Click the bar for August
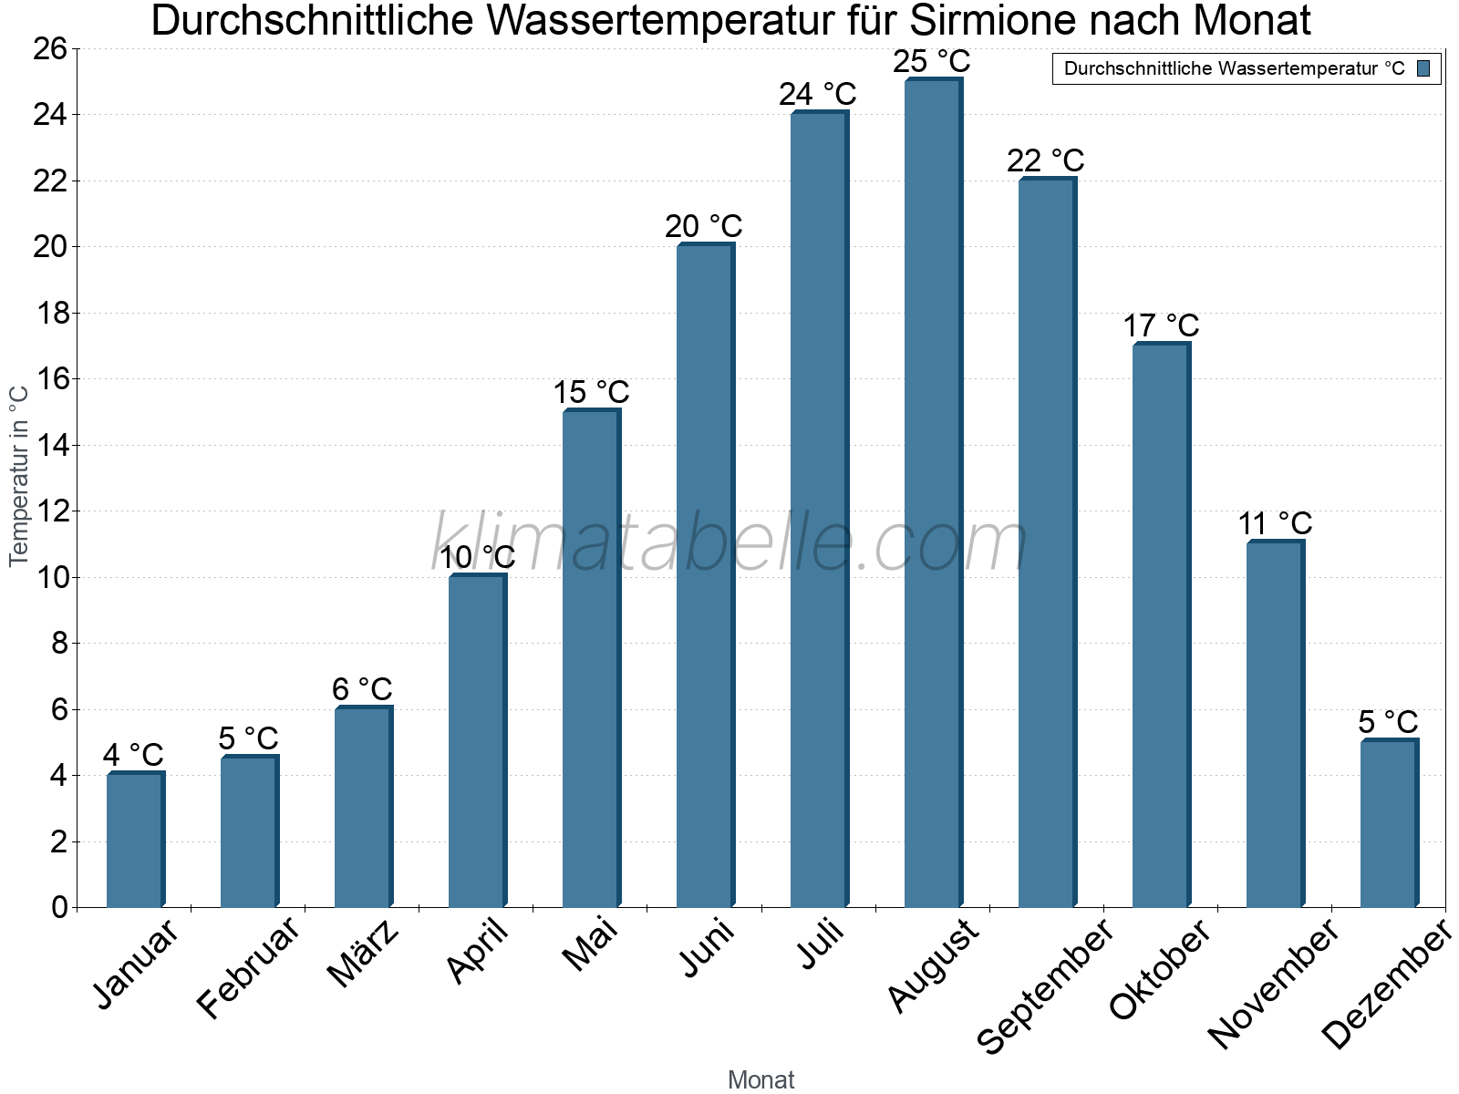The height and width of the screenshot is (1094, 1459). coord(933,492)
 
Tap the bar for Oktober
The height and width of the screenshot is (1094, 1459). coord(1161,624)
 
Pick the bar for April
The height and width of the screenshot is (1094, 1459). coord(477,740)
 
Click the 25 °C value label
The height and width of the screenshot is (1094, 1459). coord(932,62)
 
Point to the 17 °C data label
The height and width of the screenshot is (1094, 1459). coord(1160,325)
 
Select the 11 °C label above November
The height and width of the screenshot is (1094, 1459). coord(1275,524)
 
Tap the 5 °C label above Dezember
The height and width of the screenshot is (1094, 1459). coord(1388,722)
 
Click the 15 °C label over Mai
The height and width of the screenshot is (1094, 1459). coord(591,393)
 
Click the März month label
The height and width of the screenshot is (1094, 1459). coord(363,954)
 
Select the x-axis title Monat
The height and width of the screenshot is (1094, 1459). coord(761,1079)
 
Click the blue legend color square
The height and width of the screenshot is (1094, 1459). coord(1424,68)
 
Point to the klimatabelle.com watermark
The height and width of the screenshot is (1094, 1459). coord(729,543)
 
